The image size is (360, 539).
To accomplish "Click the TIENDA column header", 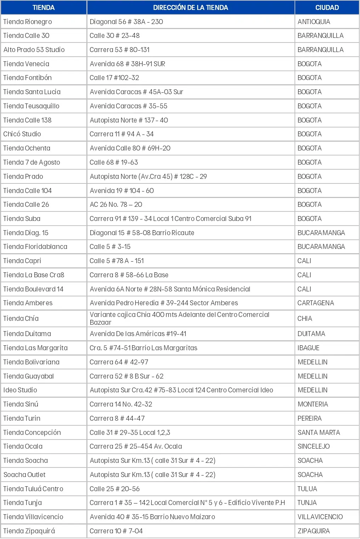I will pos(44,7).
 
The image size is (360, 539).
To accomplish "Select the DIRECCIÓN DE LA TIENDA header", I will pos(190,7).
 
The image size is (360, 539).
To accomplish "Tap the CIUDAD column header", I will pos(327,7).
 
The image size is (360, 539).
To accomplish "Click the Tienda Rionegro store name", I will pos(28,22).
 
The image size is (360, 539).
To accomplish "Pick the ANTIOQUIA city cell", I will pos(314,22).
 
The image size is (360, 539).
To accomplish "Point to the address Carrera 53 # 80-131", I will pos(120,50).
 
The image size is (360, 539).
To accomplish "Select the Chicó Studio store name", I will pos(22,134).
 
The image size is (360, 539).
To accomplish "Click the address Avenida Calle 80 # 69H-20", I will pos(130,148).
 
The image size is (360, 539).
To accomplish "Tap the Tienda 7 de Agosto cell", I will pos(32,162).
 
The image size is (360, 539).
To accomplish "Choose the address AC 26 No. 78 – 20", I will pos(116,204).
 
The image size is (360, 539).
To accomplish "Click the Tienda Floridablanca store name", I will pos(35,246).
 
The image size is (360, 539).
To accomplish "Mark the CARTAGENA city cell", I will pos(315,303).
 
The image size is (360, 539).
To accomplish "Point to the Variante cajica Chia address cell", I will pos(179,318).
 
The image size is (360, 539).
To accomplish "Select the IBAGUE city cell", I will pos(308,348).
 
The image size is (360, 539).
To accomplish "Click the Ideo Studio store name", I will pos(20,390).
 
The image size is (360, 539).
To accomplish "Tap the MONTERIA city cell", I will pos(313,404).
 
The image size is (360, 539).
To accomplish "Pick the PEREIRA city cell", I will pos(309,418).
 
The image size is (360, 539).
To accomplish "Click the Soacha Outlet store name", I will pos(24,475).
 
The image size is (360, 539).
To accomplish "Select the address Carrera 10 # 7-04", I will pos(116,531).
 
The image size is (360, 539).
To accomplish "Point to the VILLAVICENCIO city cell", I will pos(320,517).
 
